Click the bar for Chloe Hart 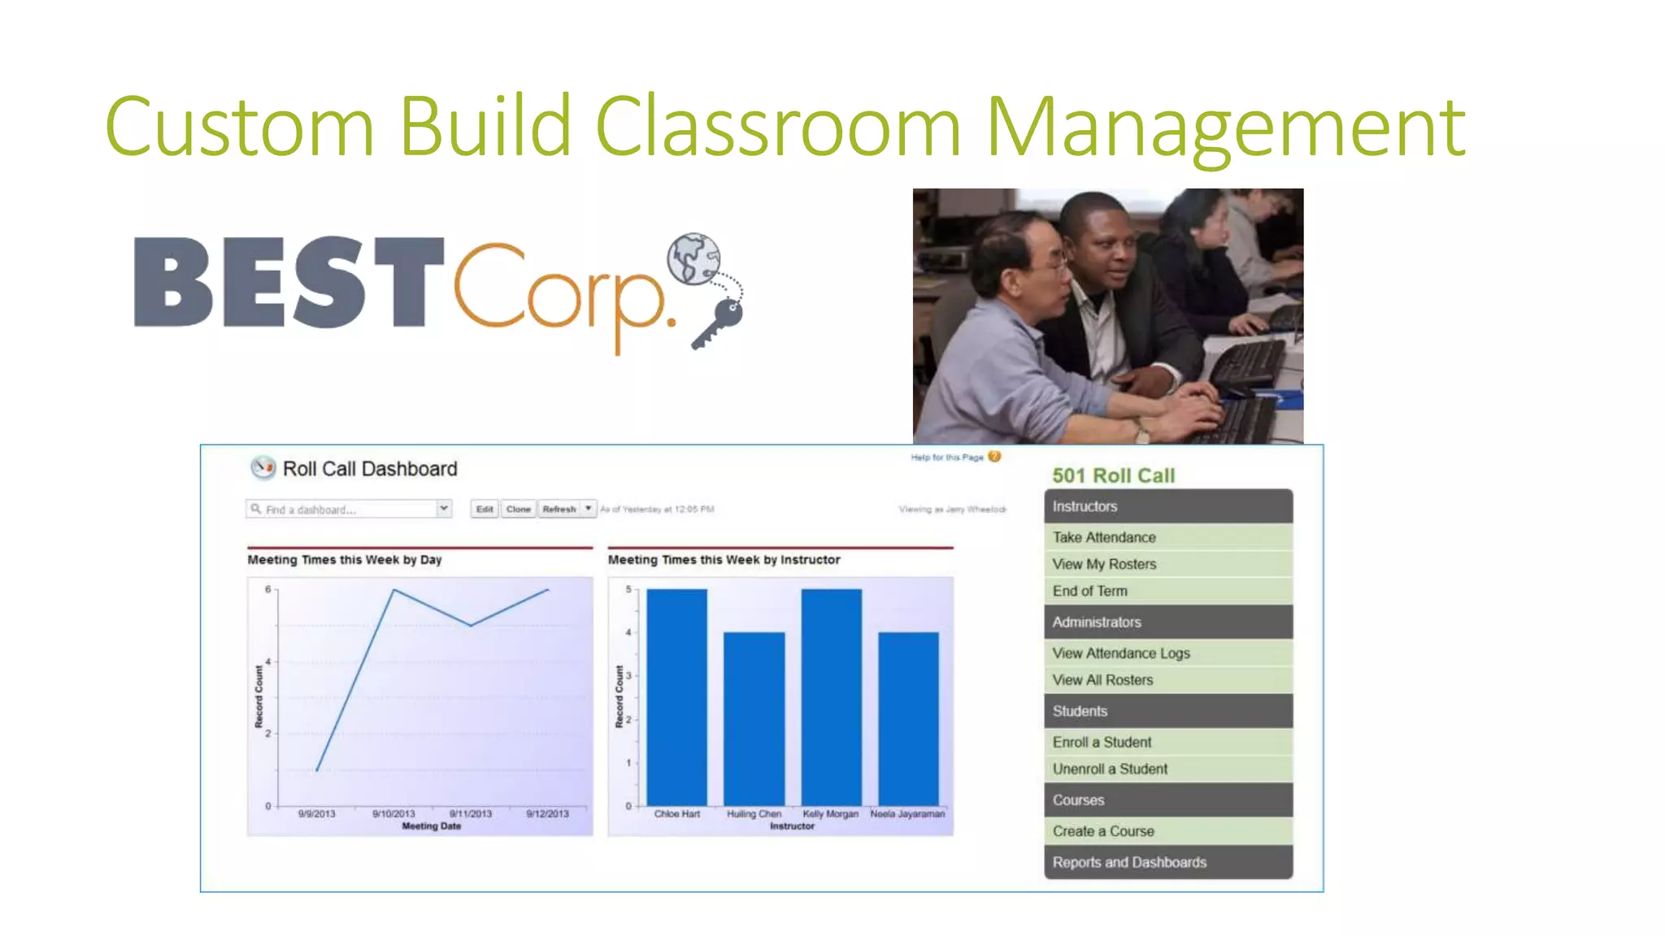pos(676,697)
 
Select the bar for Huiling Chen pos(754,718)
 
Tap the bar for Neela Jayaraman pos(908,718)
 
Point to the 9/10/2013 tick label pos(393,813)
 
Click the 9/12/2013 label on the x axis pos(547,813)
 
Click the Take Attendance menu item pos(1103,537)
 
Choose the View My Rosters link pos(1103,564)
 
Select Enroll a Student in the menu pos(1102,742)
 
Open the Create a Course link pos(1102,831)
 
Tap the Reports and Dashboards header pos(1129,862)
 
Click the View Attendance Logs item pos(1120,653)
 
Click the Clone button pos(518,509)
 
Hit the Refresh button pos(559,509)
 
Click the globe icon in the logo pos(693,259)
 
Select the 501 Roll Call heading pos(1113,475)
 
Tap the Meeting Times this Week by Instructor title pos(724,560)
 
